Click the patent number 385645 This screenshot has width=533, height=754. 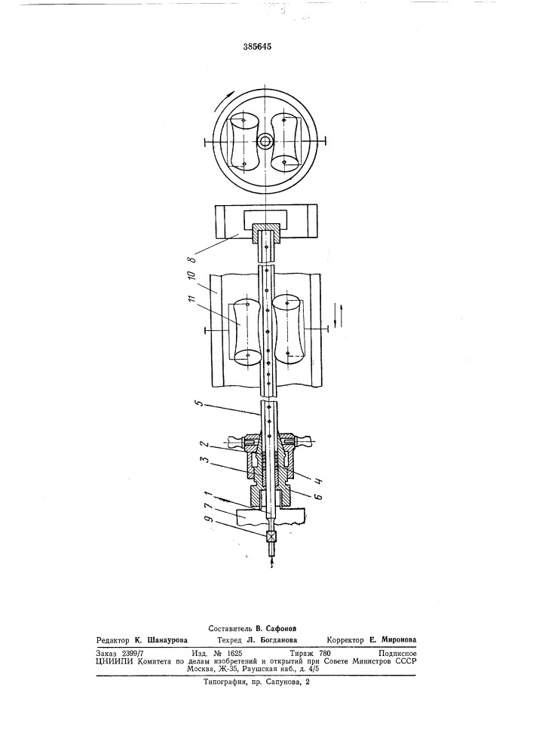[x=258, y=47]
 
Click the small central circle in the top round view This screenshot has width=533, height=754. [x=265, y=142]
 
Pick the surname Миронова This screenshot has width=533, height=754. [x=399, y=640]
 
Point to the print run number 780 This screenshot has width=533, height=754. [x=325, y=654]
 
